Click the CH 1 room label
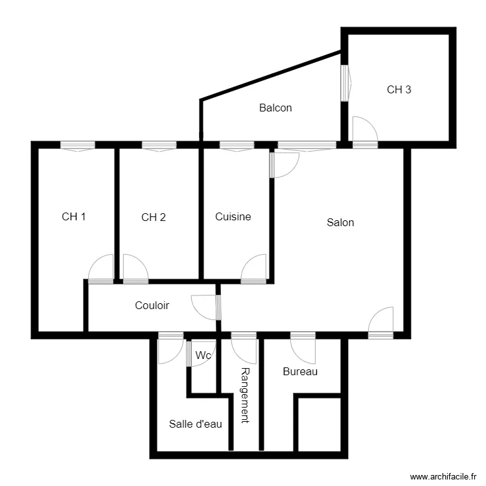74,217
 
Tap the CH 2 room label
154,217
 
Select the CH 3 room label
399,89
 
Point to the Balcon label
275,108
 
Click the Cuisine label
233,217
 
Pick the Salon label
340,223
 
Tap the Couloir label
152,305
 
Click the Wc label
203,355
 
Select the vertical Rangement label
245,395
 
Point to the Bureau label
300,372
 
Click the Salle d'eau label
196,424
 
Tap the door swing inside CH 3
364,130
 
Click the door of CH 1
101,268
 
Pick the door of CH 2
135,268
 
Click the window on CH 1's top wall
78,146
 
